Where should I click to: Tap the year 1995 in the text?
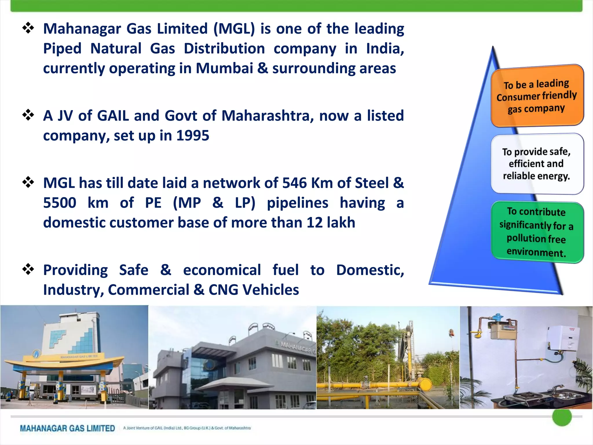[x=193, y=136]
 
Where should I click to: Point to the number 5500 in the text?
[x=60, y=203]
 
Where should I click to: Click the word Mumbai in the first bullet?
[x=224, y=68]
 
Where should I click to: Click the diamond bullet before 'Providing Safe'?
[x=28, y=269]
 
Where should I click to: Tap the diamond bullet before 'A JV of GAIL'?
[x=28, y=115]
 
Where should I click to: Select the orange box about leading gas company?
[x=537, y=96]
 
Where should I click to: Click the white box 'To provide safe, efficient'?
[x=537, y=164]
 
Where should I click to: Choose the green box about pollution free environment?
[x=537, y=232]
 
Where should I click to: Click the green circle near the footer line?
[x=562, y=417]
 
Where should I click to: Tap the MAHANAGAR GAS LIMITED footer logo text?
[x=67, y=428]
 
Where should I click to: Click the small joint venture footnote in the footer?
[x=187, y=428]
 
